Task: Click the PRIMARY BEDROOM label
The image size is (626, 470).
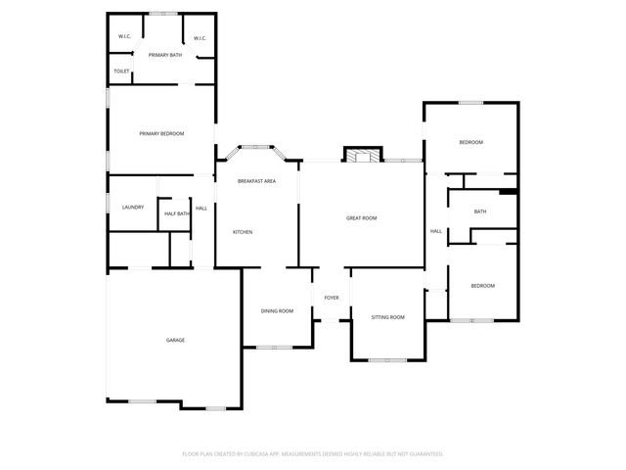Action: point(161,134)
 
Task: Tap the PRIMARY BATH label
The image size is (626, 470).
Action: point(165,55)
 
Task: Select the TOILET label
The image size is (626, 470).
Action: point(121,71)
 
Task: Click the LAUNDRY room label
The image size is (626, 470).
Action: point(133,208)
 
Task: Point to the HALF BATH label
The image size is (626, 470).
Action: point(176,213)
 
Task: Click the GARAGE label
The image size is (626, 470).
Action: point(175,340)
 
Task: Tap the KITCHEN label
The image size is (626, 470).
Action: point(243,232)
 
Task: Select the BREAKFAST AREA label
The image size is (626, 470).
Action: point(256,181)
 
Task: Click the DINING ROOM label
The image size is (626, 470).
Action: point(277,311)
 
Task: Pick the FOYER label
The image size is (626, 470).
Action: point(332,297)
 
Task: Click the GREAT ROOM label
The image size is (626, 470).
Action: point(361,218)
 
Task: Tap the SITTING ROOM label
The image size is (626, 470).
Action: point(387,317)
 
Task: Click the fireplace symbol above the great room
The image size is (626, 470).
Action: point(360,155)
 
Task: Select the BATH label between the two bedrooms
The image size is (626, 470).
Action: point(480,211)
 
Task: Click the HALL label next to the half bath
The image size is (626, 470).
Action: point(201,209)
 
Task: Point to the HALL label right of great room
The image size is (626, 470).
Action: point(436,231)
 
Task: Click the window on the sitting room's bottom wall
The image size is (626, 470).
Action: point(387,360)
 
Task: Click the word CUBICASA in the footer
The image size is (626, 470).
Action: point(280,454)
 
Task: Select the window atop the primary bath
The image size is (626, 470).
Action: point(163,14)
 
